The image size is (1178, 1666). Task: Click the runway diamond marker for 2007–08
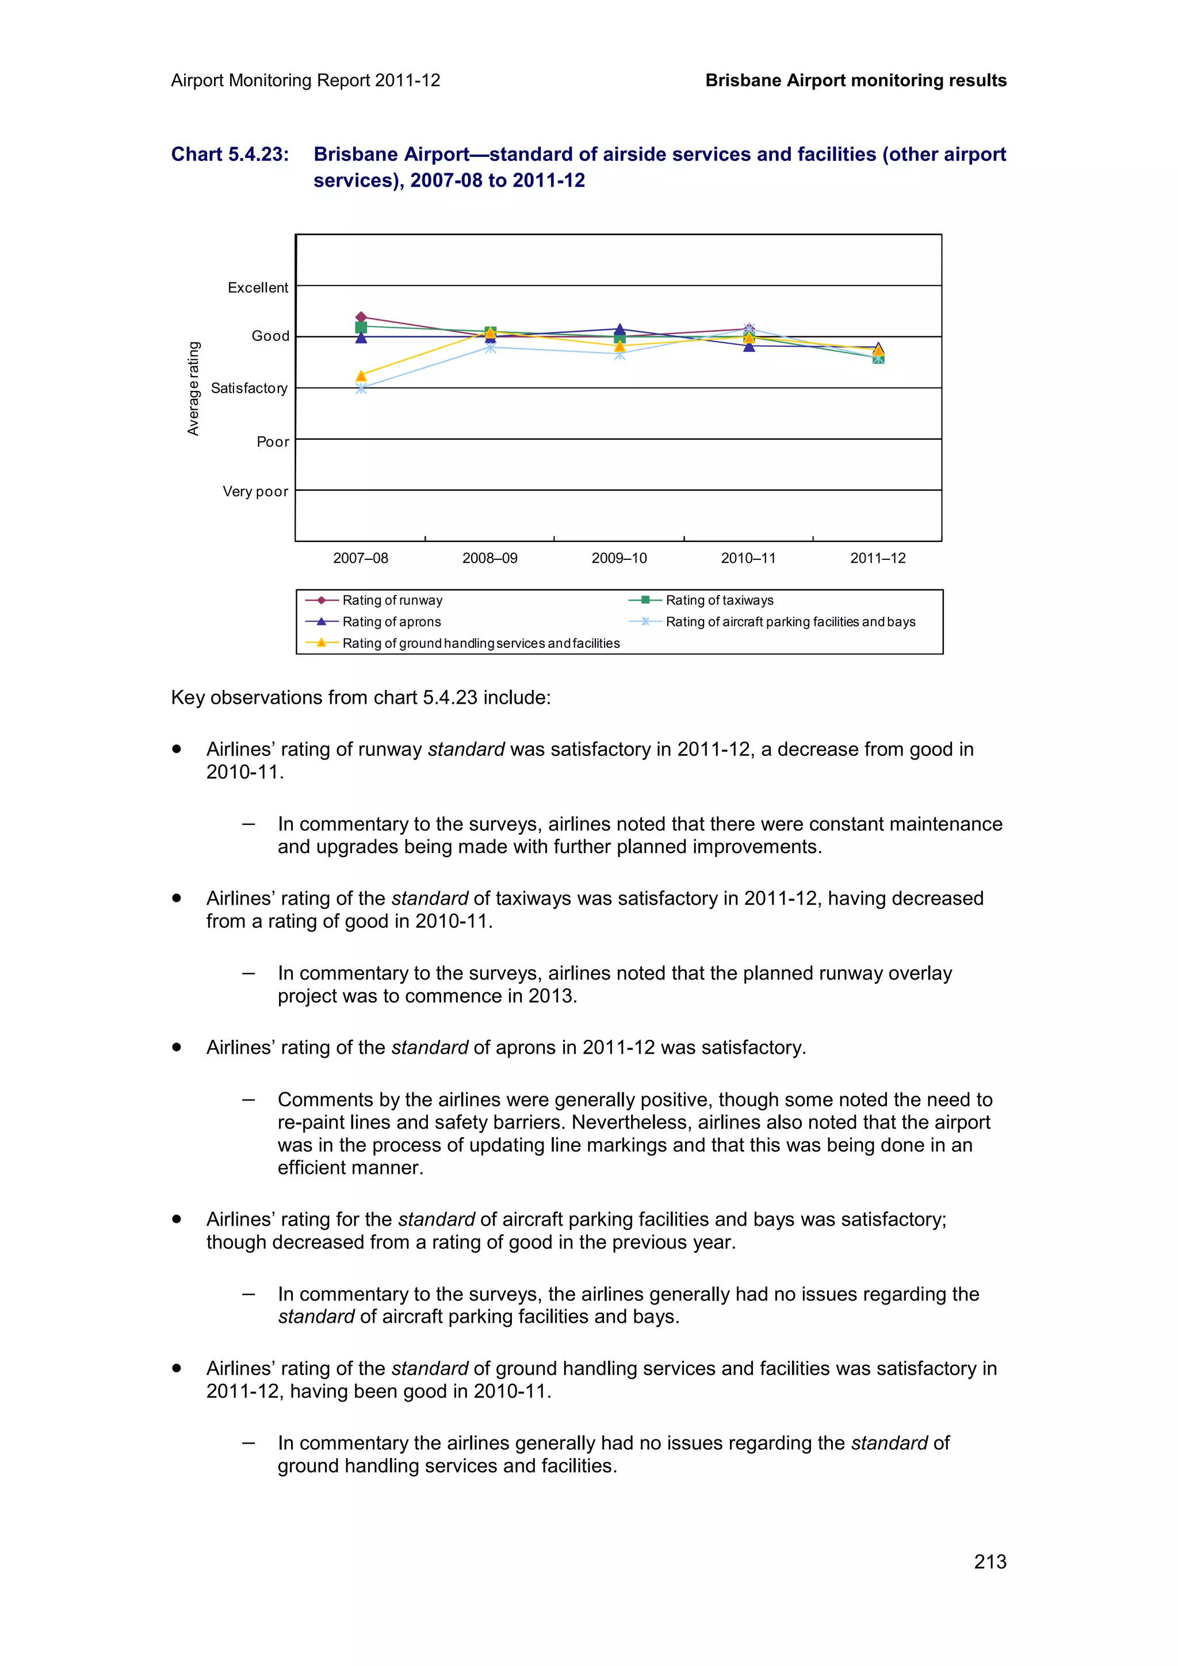pos(361,317)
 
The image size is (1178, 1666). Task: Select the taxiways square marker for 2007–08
pos(361,327)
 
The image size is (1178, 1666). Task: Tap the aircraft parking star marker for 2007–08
pos(361,389)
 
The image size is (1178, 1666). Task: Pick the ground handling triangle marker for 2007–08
pos(361,376)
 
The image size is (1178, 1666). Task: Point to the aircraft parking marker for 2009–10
pos(619,355)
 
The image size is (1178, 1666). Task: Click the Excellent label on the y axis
pos(258,287)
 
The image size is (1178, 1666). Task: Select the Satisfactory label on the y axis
pos(249,388)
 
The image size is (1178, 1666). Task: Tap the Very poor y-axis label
pos(255,492)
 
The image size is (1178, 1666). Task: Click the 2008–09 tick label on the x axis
pos(490,558)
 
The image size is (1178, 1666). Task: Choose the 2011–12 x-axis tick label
pos(878,558)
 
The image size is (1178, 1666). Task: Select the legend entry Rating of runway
pos(392,600)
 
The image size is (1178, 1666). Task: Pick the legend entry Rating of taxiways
pos(720,600)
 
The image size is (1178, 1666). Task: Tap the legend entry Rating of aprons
pos(391,622)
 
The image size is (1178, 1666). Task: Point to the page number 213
pos(989,1561)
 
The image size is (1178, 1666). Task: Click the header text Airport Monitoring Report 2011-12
pos(305,80)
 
